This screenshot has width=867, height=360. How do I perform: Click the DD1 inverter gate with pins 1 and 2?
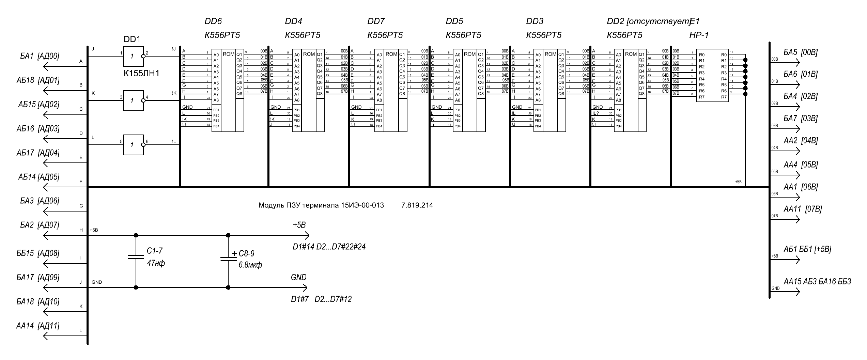coord(133,56)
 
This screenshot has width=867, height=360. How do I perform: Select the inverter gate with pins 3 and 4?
coord(133,100)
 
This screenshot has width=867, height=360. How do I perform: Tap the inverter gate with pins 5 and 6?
coord(133,145)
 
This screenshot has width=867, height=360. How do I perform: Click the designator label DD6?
coord(213,21)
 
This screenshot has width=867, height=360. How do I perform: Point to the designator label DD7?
coord(376,21)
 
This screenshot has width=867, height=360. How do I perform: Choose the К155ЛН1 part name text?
coord(142,73)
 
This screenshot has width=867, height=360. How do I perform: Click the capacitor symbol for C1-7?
coord(136,256)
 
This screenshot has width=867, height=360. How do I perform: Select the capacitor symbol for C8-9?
coord(228,259)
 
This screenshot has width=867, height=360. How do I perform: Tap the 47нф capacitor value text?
coord(156,263)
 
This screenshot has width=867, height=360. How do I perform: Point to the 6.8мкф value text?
coord(250,265)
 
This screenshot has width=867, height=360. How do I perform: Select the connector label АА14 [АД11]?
coord(37,326)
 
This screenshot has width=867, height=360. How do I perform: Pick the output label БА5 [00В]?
coord(800,52)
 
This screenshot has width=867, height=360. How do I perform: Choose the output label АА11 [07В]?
coord(803,209)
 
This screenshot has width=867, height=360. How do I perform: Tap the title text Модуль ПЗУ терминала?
coord(321,205)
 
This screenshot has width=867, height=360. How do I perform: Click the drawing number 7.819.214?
coord(417,205)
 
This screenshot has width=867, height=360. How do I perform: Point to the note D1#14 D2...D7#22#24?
coord(329,247)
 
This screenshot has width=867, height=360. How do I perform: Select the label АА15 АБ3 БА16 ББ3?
coord(817,281)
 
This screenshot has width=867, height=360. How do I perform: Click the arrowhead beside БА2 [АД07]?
coord(47,235)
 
